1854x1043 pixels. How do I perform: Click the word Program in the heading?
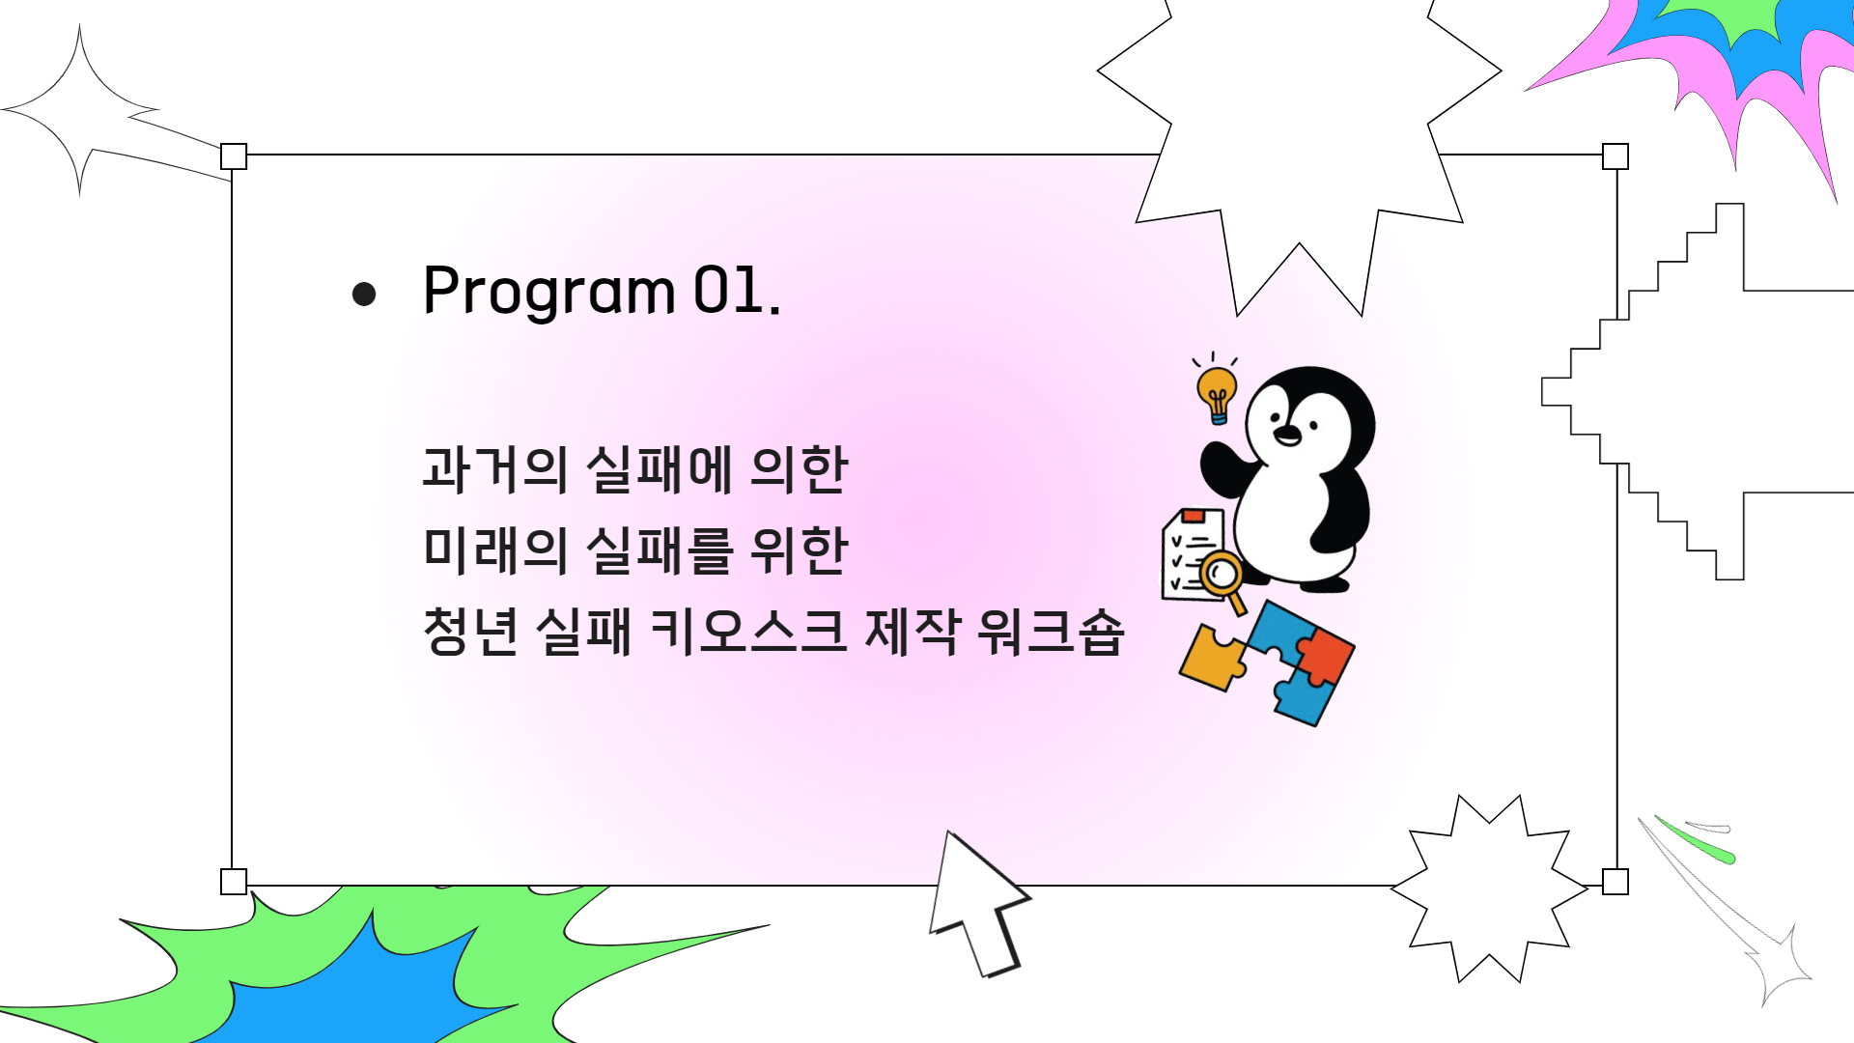coord(548,292)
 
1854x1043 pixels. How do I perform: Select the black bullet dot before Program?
coord(364,294)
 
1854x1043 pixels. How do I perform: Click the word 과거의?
coord(494,469)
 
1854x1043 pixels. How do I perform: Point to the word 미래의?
coord(494,550)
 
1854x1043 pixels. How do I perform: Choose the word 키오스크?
coord(748,632)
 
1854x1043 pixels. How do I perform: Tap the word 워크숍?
coord(1051,632)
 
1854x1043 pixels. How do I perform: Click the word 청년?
coord(470,632)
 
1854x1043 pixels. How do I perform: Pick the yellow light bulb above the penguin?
coord(1217,391)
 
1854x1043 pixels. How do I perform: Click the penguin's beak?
coord(1287,436)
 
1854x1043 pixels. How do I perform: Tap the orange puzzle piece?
coord(1212,658)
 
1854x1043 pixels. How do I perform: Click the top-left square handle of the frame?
coord(234,156)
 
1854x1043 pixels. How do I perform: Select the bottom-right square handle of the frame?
coord(1615,882)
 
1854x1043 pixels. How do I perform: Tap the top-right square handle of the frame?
coord(1615,156)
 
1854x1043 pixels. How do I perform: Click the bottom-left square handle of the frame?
coord(234,882)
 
